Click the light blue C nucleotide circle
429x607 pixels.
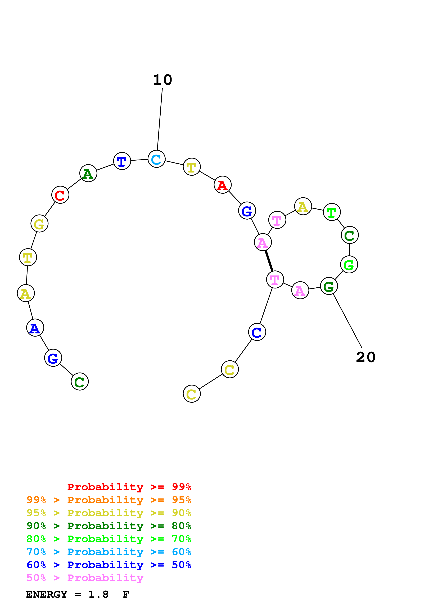point(156,159)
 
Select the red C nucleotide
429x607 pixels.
point(60,195)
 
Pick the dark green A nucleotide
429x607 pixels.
point(88,173)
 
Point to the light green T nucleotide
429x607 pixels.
point(332,212)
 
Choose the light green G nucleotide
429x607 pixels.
point(349,264)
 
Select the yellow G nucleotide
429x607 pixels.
point(39,224)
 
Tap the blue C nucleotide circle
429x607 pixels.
point(257,332)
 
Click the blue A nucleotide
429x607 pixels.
point(35,328)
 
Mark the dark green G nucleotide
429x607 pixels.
point(329,286)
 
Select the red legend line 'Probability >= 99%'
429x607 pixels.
point(129,487)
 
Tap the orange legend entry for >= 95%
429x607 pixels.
point(109,500)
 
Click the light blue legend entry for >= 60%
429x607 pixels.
point(109,552)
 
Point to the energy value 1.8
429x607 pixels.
point(98,595)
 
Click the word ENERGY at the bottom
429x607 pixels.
point(47,595)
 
